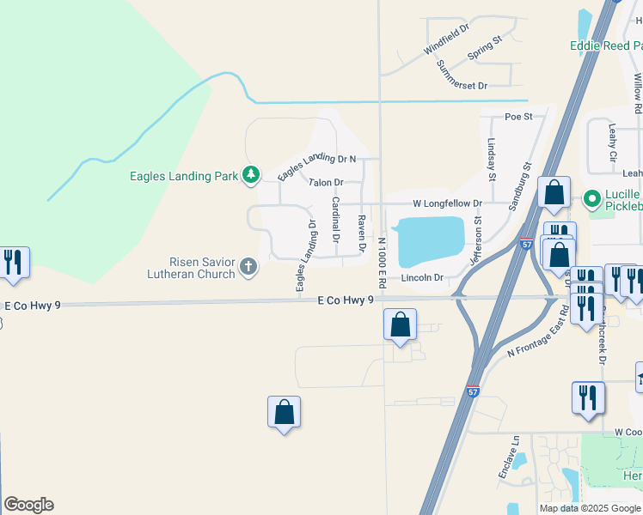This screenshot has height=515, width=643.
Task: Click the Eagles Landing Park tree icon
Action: point(250,176)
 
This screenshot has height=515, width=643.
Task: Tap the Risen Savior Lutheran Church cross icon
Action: point(248,267)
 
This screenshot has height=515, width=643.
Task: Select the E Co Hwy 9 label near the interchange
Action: point(346,300)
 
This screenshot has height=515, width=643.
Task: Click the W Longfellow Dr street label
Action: point(447,203)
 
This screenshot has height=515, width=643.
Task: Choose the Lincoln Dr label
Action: point(422,277)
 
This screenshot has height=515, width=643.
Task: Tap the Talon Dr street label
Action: point(326,182)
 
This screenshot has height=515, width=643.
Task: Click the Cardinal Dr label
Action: point(335,220)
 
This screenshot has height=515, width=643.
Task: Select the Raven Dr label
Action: point(361,233)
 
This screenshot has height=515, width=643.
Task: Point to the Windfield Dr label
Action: point(446,39)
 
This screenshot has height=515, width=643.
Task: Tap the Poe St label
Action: point(518,116)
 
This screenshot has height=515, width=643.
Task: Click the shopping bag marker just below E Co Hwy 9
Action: point(400,325)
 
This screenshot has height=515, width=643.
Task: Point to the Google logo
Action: point(28,505)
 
